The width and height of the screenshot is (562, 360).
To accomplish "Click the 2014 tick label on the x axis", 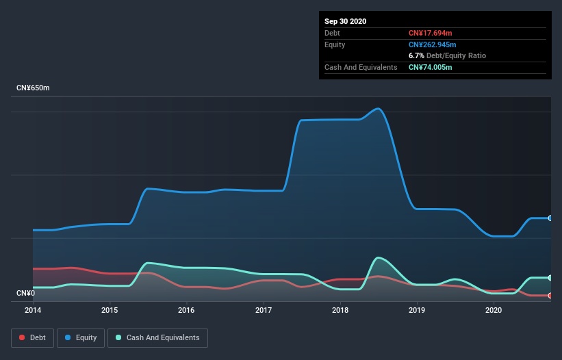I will (32, 310).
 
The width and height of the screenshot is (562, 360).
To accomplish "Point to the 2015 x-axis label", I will (110, 310).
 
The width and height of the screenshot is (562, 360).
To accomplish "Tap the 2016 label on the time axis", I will (186, 310).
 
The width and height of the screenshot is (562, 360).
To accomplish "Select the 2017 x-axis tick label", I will (264, 310).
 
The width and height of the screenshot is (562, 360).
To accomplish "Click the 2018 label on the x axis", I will (340, 310).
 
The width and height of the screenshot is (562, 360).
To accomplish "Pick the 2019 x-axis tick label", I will (418, 310).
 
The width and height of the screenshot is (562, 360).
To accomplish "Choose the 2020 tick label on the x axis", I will (494, 310).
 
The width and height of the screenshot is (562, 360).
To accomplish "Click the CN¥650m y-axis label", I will (33, 88).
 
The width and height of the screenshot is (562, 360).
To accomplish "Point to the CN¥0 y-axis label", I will (25, 294).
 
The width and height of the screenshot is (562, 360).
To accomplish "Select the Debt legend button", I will (31, 337).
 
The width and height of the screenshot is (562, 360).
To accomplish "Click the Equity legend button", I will (81, 337).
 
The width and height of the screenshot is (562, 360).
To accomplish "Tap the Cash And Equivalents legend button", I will (157, 337).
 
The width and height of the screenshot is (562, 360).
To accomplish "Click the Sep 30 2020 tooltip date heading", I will (345, 21).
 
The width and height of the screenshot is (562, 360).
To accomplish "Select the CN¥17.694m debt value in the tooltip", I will (431, 33).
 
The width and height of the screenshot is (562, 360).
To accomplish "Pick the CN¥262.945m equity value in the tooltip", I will (433, 44).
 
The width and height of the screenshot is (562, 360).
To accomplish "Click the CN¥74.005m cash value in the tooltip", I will (431, 67).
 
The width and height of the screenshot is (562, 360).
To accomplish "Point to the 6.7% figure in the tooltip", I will (417, 55).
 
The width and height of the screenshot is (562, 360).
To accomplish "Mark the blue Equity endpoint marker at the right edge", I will (550, 218).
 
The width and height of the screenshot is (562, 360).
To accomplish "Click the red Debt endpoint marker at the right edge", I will (550, 296).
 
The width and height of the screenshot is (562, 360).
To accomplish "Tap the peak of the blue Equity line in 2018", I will (377, 108).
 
